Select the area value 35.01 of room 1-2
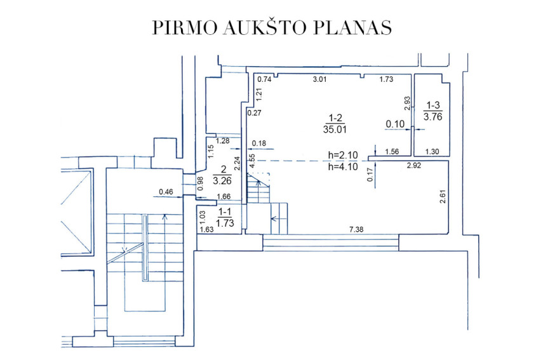click(x=335, y=130)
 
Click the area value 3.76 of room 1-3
click(x=433, y=117)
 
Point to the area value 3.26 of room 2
click(x=222, y=180)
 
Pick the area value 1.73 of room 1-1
click(x=225, y=223)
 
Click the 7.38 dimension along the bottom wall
click(x=356, y=229)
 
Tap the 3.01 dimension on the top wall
click(x=319, y=79)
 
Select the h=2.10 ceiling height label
click(x=343, y=155)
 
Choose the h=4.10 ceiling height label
click(x=343, y=167)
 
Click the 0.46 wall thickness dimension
click(x=166, y=192)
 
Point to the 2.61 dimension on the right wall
click(x=443, y=196)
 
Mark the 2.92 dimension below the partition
click(x=414, y=166)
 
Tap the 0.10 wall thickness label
click(x=395, y=124)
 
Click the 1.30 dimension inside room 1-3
click(x=432, y=151)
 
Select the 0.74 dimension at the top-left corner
click(x=264, y=79)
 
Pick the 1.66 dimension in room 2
click(x=224, y=197)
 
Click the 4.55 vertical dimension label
click(x=252, y=161)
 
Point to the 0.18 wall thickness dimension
click(x=259, y=144)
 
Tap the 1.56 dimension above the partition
click(x=392, y=151)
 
